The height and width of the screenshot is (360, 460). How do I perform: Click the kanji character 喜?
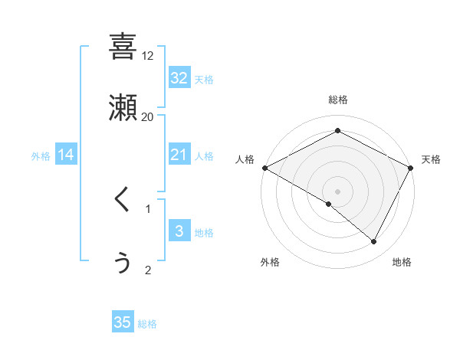pyautogui.click(x=123, y=47)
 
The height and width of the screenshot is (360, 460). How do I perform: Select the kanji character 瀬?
pyautogui.click(x=123, y=108)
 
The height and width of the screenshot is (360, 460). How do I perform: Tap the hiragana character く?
pyautogui.click(x=123, y=200)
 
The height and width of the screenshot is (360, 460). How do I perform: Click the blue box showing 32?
pyautogui.click(x=179, y=78)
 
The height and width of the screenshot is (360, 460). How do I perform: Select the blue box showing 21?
pyautogui.click(x=179, y=155)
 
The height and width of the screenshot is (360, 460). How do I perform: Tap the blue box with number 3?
pyautogui.click(x=179, y=231)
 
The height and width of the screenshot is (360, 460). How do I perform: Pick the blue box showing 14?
pyautogui.click(x=66, y=155)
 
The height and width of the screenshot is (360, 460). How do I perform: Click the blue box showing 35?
pyautogui.click(x=123, y=322)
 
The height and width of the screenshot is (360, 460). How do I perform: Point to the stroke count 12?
pyautogui.click(x=148, y=56)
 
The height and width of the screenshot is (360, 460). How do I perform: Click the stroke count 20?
pyautogui.click(x=148, y=117)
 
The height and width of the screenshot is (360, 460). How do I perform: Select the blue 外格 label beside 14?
pyautogui.click(x=41, y=155)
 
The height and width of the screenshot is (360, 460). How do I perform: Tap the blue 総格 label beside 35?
pyautogui.click(x=147, y=323)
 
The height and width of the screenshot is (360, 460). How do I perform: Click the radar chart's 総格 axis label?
pyautogui.click(x=337, y=100)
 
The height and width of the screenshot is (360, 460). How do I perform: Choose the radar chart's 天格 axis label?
pyautogui.click(x=431, y=159)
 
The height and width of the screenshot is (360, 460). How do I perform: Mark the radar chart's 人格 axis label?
pyautogui.click(x=245, y=159)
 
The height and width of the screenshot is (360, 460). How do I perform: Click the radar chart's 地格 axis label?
pyautogui.click(x=402, y=262)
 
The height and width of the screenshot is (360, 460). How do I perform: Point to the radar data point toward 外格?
pyautogui.click(x=329, y=204)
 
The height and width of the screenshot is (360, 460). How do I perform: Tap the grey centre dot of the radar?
pyautogui.click(x=337, y=191)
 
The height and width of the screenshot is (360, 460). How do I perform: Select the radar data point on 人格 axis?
pyautogui.click(x=264, y=168)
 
